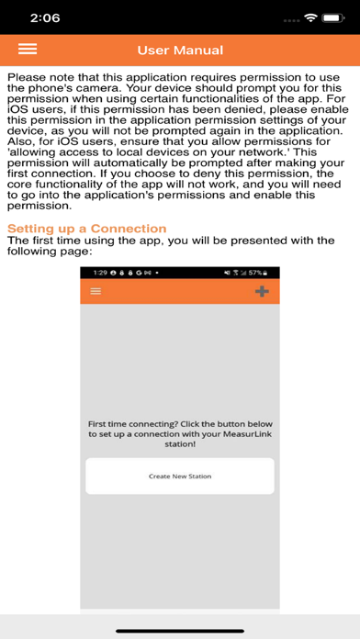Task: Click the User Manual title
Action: coord(180,50)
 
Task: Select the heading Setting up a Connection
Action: coord(87,228)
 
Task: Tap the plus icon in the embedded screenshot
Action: coord(262,291)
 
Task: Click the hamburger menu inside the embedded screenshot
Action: coord(96,291)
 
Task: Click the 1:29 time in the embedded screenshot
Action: coord(100,274)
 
